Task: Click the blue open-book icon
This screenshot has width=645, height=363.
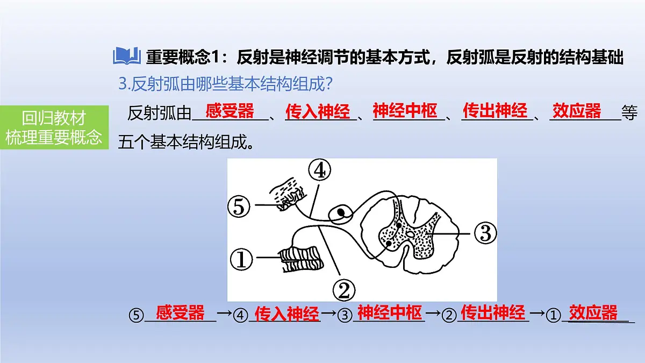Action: coord(127,55)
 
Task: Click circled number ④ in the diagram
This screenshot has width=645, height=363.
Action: coord(320,170)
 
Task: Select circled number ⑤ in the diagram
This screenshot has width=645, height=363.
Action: coord(239,207)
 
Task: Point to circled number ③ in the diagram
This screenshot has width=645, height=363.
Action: coord(485,233)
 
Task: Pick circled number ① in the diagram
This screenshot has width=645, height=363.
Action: coord(241,259)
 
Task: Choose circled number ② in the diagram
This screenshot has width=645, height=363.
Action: coord(344,290)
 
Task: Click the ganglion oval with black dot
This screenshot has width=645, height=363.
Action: coord(341,215)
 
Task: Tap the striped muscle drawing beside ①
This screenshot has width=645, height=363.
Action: coord(301,259)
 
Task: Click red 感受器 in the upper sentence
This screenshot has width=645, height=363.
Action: coord(230,111)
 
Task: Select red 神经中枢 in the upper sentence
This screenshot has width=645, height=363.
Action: coord(405,111)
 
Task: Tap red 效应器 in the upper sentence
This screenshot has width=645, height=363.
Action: coord(577,111)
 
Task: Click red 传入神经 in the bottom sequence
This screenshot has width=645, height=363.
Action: coord(287,314)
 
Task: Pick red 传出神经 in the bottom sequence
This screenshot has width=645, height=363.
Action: coord(493,312)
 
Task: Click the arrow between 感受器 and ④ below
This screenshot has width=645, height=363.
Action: coord(225,313)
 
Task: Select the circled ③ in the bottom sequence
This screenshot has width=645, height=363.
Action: coord(345,315)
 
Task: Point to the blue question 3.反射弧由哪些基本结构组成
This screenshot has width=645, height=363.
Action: coord(225,84)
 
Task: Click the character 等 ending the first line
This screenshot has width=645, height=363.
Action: coord(629,112)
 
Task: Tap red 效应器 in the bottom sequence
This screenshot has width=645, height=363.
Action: coord(593,312)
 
